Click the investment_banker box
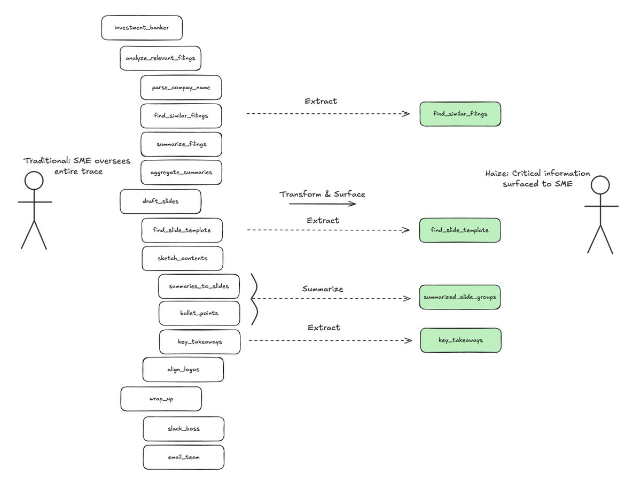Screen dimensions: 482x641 tap(142, 28)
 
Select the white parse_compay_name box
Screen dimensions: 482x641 tap(181, 87)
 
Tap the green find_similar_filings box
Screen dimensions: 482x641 tap(460, 114)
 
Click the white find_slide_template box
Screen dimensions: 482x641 tap(182, 230)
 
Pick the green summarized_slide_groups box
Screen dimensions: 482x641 tap(460, 297)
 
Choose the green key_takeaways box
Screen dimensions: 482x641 tap(461, 340)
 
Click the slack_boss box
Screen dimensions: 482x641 tap(183, 429)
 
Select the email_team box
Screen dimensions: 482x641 tap(183, 457)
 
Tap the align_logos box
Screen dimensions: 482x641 tap(183, 369)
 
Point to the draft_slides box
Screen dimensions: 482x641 tap(160, 201)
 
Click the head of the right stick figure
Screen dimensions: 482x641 tap(600, 185)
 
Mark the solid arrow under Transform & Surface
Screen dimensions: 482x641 tap(322, 204)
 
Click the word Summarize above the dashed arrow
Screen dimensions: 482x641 tap(323, 289)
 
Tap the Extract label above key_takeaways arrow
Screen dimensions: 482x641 tap(324, 328)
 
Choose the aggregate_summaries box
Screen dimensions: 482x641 tap(181, 173)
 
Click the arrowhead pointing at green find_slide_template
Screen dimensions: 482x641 tap(405, 230)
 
